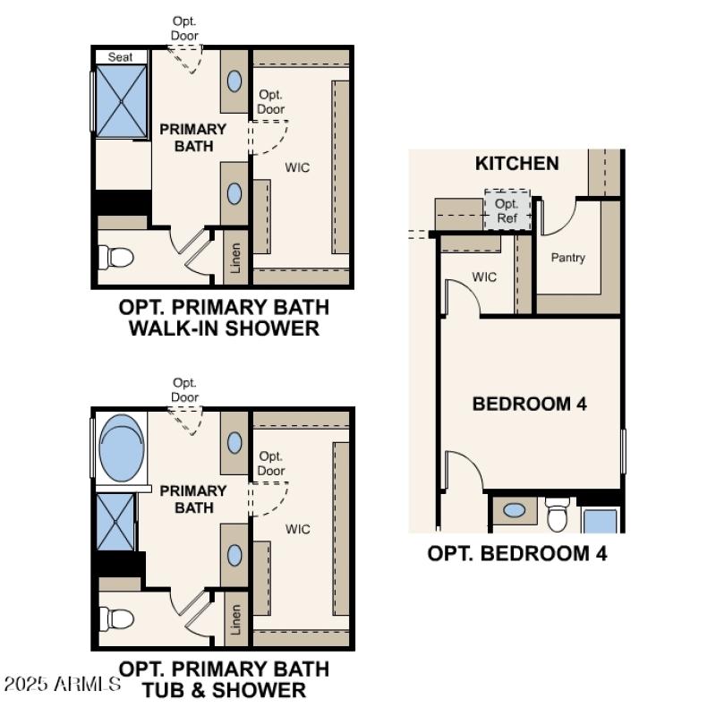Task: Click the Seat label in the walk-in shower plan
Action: click(121, 57)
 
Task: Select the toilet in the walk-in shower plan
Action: click(118, 258)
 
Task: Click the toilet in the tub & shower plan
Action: click(118, 618)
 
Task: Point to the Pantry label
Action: click(568, 258)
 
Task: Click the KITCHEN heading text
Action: click(517, 163)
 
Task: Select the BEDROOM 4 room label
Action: click(529, 404)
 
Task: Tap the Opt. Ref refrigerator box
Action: click(507, 210)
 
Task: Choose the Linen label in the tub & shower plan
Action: click(235, 619)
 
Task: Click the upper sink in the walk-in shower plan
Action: click(234, 81)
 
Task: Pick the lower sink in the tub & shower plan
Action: click(234, 555)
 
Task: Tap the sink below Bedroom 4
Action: click(515, 510)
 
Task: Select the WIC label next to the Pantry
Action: click(484, 277)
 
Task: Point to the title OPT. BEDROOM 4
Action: click(517, 554)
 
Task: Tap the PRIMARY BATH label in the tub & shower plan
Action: click(192, 499)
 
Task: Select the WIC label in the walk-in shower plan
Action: click(297, 167)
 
